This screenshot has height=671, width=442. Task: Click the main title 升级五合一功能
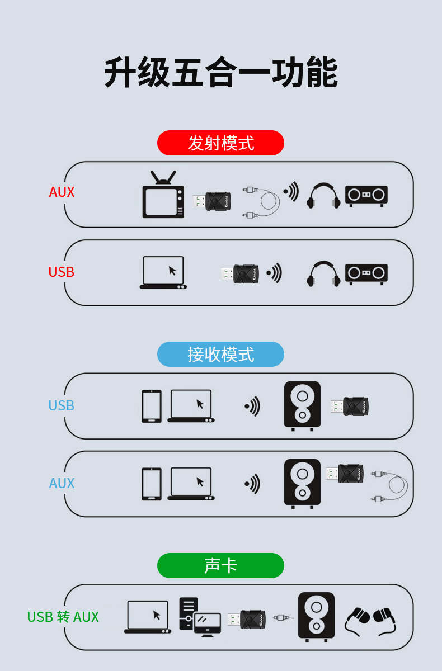(x=220, y=73)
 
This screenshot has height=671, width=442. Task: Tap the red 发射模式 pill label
(x=220, y=143)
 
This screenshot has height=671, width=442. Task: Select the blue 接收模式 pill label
(x=220, y=355)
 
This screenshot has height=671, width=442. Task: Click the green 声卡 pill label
(x=220, y=566)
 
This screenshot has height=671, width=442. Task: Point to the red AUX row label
(x=62, y=192)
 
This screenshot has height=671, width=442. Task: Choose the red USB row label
(x=62, y=272)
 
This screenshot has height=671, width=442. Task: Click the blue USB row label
(x=62, y=406)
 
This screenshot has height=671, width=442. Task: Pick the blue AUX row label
(x=62, y=484)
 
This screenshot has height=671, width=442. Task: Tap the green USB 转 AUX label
(x=63, y=617)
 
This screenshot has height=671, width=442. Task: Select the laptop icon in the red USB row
(x=163, y=273)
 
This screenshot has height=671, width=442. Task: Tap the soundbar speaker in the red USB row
(x=366, y=273)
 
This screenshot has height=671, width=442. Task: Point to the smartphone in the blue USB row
(x=151, y=406)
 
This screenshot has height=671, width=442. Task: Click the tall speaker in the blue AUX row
(x=302, y=483)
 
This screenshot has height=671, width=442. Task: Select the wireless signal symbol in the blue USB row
(x=252, y=406)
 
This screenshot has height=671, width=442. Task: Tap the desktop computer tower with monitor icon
(x=199, y=617)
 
